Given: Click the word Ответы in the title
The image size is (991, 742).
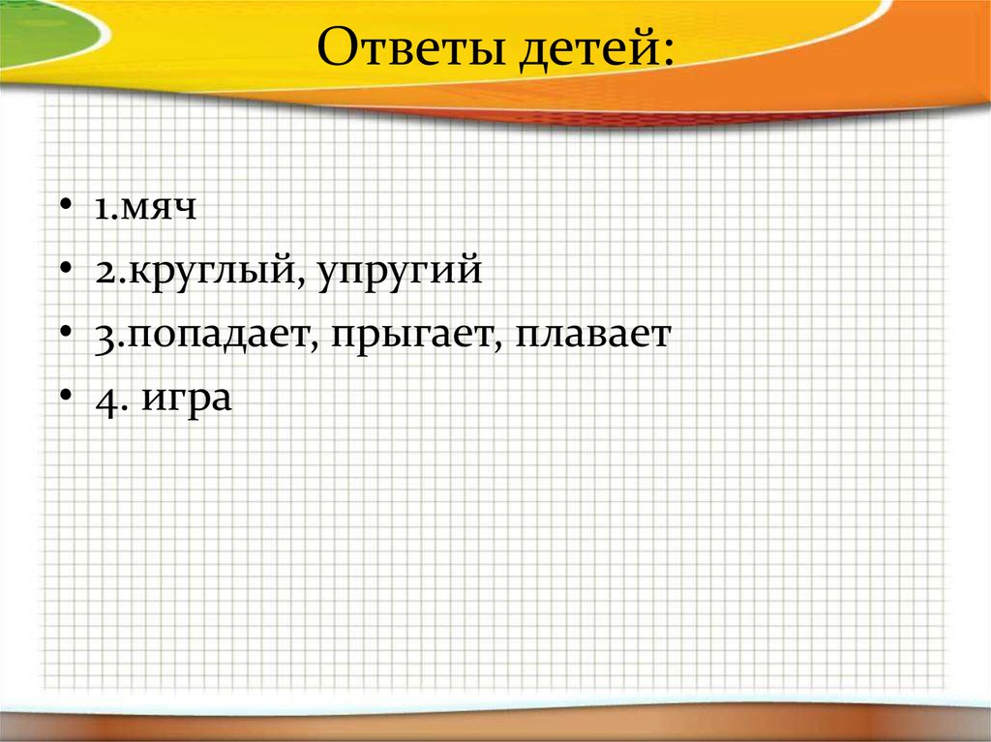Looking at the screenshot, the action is [410, 46].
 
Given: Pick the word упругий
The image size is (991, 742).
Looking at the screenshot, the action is [400, 271].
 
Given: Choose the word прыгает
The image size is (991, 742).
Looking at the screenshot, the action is [411, 337].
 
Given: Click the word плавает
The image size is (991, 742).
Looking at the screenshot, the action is [593, 334].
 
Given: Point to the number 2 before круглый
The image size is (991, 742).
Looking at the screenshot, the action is [107, 271].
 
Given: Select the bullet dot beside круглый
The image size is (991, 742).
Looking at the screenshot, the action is [66, 268].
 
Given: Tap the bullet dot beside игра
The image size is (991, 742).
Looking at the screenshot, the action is [66, 396].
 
